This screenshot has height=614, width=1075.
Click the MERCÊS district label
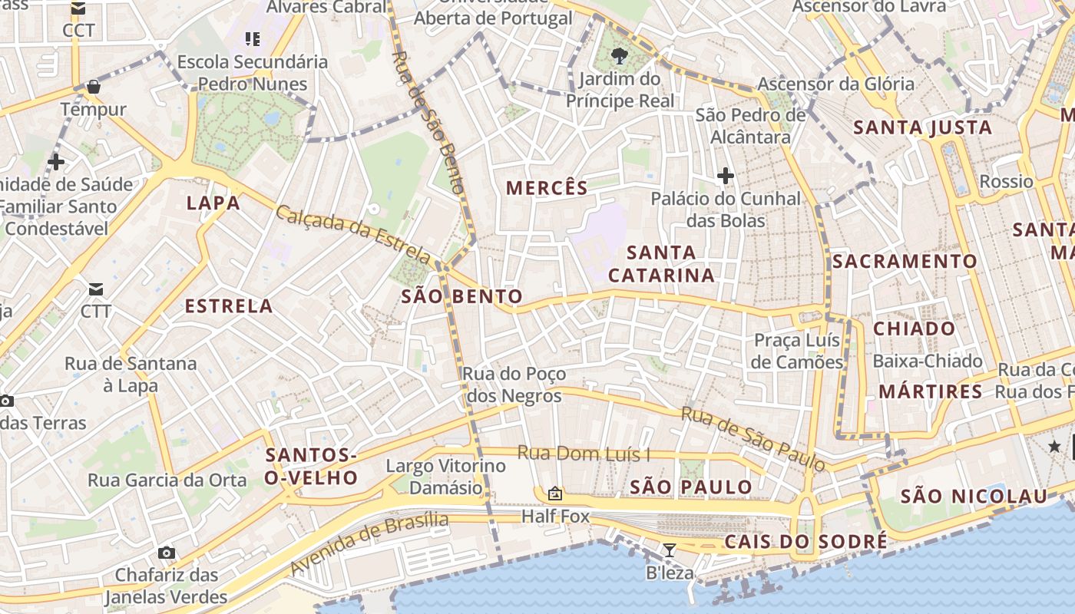click(547, 188)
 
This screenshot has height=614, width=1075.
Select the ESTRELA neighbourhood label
click(229, 306)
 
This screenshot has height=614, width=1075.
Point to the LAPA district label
click(213, 203)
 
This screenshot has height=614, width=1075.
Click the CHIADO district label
click(914, 329)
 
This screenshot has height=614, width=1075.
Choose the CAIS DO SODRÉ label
click(805, 543)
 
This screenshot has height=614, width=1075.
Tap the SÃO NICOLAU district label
click(974, 497)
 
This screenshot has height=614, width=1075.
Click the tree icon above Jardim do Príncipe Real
click(619, 55)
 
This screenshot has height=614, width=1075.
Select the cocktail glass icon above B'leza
click(670, 550)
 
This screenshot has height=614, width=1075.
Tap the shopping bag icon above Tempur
click(93, 87)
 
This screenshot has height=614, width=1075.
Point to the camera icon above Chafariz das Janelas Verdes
click(166, 553)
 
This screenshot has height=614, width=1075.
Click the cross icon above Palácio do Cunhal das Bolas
click(725, 177)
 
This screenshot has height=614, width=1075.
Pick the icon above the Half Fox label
click(555, 494)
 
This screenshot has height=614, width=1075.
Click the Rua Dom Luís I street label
click(584, 454)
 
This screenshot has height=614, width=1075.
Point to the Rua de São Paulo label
click(752, 439)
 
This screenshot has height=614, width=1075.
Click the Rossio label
click(1006, 182)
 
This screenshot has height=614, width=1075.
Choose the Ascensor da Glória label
click(835, 84)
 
